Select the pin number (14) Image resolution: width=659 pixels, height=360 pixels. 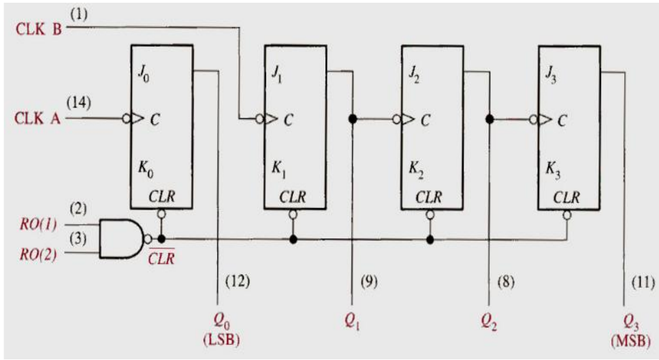tap(77, 101)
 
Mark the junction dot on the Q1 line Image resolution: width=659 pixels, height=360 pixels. tap(353, 119)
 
